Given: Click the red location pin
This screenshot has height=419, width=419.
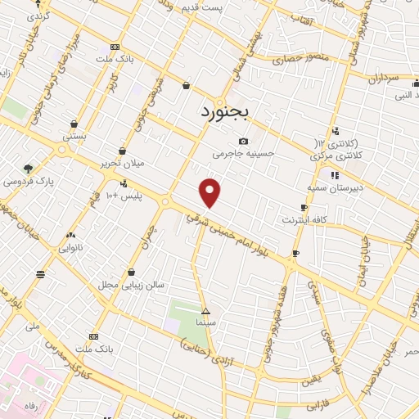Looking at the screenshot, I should pyautogui.click(x=211, y=191).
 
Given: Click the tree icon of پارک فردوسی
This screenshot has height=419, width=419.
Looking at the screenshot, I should pyautogui.click(x=29, y=169).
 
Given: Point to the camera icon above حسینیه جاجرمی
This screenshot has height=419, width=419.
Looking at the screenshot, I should pyautogui.click(x=243, y=142).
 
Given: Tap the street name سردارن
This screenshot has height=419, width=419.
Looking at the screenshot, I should pyautogui.click(x=381, y=79).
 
